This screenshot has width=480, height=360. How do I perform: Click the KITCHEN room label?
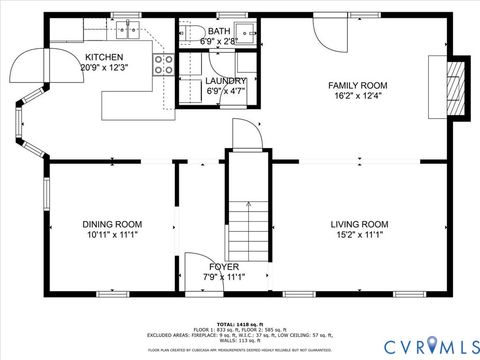pos(104,57)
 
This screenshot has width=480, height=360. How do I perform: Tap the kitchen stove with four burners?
pos(163,65)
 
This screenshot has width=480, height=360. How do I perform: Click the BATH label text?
pos(218,31)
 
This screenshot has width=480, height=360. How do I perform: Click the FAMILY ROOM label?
pos(357,86)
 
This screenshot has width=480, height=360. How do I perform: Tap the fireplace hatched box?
pos(455,89)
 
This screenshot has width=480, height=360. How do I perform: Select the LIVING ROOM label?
pos(359,224)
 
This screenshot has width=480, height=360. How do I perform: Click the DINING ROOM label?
pos(113,224)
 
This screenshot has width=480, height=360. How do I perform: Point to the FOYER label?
pos(224,267)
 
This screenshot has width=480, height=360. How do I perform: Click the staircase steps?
pos(247,220)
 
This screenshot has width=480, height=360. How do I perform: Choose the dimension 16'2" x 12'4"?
pos(357,97)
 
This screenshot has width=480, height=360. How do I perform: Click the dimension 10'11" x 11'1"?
pos(113,235)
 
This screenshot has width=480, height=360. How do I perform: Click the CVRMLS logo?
pos(432,346)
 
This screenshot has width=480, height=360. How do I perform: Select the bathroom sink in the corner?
pos(243,30)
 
